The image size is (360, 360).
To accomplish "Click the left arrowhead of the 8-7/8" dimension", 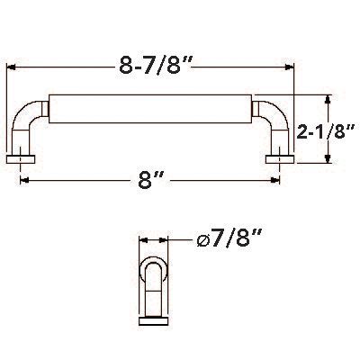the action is click(11, 67).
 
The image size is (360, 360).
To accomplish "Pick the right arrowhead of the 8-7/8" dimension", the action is click(289, 67).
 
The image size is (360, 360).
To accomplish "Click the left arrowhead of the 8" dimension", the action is click(24, 180).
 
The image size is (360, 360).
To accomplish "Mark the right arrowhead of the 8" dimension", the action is click(275, 180).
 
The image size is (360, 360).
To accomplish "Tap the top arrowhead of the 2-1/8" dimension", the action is click(328, 100).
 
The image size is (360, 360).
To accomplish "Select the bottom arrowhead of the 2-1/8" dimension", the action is click(328, 158).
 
